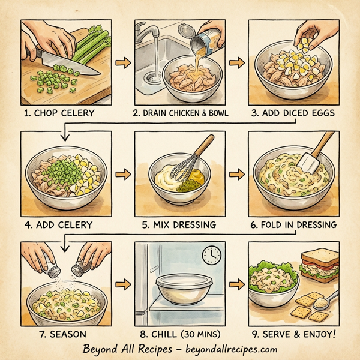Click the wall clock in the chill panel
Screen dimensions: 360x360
pos(211,255)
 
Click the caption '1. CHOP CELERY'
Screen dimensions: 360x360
pos(60,111)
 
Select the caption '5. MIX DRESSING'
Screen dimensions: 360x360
pos(179,224)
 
